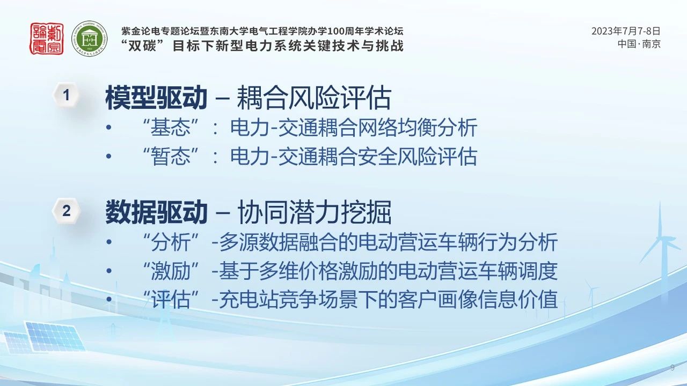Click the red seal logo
47,39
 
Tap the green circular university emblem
89,39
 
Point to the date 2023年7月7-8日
626,31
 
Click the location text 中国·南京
639,44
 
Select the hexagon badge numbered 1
66,95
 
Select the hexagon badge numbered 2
66,211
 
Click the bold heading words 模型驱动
156,98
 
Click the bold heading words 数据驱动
156,212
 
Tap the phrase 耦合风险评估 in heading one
314,98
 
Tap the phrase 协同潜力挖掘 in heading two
314,212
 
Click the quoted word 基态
171,128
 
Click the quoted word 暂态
171,156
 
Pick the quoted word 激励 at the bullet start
171,271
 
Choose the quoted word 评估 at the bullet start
171,299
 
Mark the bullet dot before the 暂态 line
108,156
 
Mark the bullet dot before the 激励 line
108,271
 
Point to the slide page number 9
673,368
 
